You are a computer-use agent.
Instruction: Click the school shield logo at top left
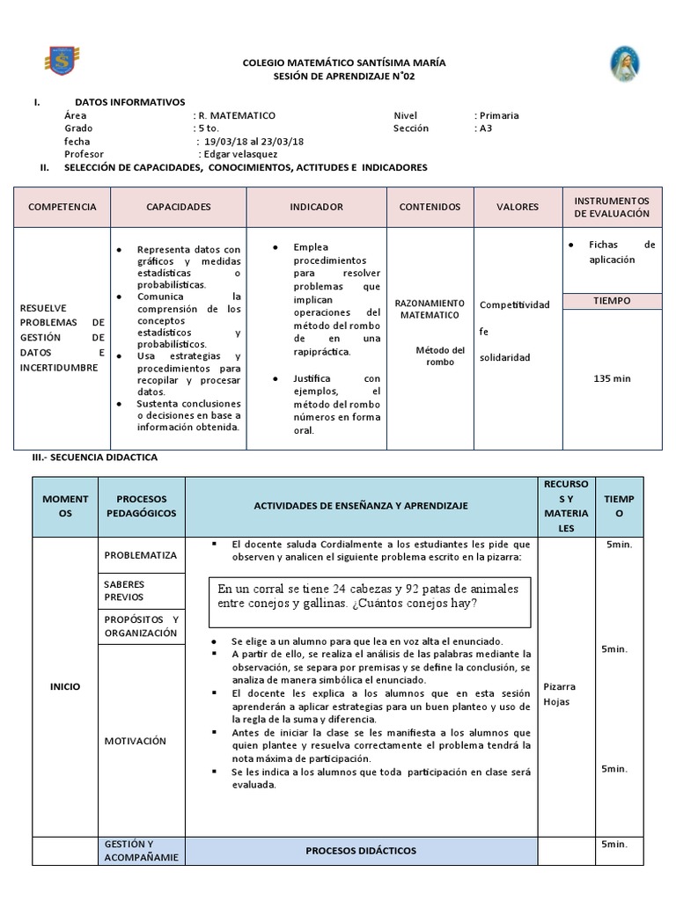(60, 61)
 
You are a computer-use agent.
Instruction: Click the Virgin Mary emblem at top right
(625, 64)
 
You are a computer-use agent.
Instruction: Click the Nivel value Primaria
(498, 115)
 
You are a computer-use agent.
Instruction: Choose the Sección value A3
(486, 128)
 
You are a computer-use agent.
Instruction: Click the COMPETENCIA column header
(62, 207)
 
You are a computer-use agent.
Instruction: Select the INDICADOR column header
(316, 207)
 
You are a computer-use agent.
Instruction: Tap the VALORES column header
(518, 207)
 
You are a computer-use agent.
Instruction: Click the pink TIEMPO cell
(612, 300)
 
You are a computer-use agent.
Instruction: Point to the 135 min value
(612, 378)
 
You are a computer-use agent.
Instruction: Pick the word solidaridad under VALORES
(505, 358)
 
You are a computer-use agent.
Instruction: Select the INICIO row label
(64, 686)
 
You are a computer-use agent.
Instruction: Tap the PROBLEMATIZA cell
(141, 555)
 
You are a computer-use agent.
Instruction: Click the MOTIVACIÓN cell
(135, 741)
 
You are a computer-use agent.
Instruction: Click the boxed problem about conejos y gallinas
(370, 596)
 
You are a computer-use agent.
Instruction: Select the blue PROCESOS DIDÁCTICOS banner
(361, 851)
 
